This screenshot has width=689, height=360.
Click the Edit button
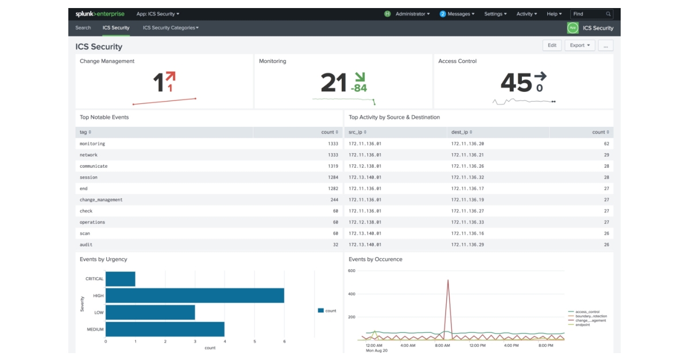pos(552,45)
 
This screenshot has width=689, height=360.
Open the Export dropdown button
pos(580,45)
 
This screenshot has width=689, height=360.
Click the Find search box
pos(591,14)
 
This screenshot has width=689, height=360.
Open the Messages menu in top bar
pos(457,14)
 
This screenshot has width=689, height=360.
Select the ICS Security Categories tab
pos(171,28)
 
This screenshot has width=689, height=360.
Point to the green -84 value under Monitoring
pos(359,88)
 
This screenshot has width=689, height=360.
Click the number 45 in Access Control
pos(516,83)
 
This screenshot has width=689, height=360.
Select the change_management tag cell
pos(101,200)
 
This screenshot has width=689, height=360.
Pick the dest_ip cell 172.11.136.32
pos(467,177)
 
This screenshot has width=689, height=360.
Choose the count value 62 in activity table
pos(606,144)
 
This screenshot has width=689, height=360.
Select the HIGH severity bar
pos(195,295)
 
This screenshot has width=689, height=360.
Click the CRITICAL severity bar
pos(121,278)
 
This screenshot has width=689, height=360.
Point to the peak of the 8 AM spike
pos(448,280)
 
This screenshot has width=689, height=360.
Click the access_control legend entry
pos(587,312)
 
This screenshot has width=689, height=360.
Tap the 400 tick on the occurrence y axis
pos(352,294)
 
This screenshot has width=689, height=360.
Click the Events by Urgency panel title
pos(103,260)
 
